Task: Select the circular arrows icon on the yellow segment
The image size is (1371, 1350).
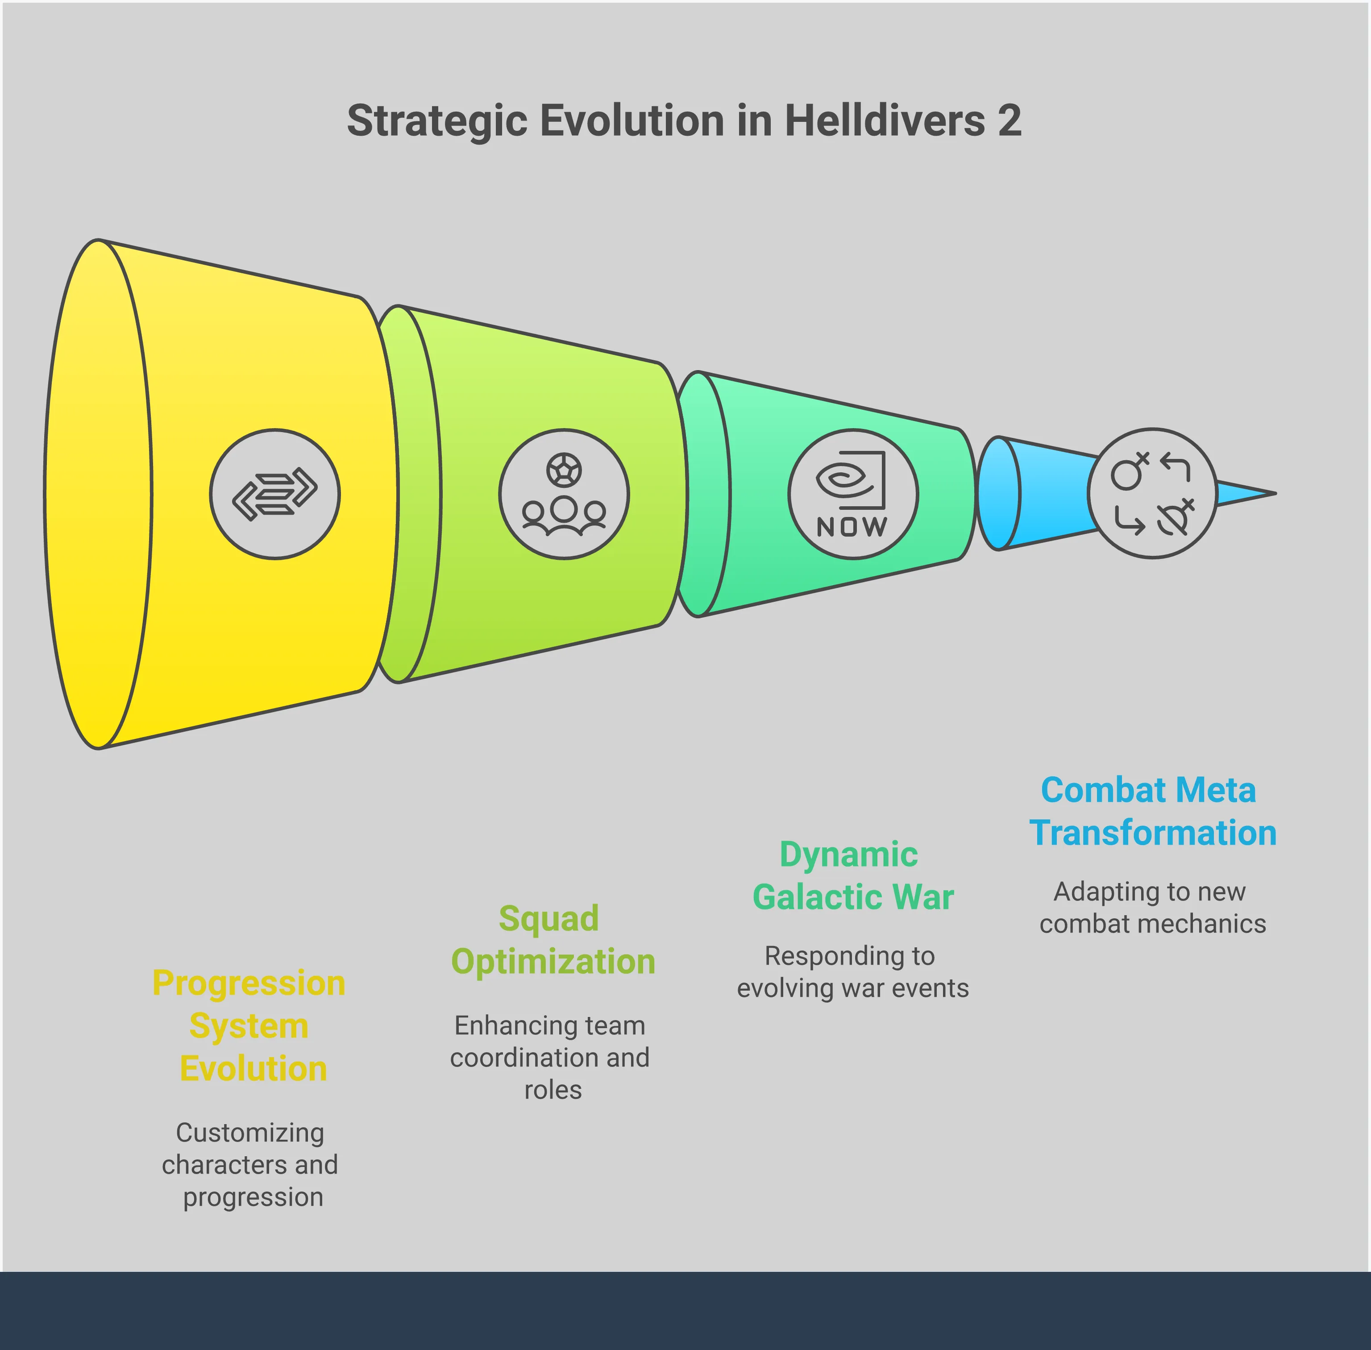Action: tap(275, 494)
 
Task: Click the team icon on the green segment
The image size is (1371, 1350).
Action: tap(564, 494)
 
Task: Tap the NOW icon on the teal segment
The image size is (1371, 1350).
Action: tap(853, 494)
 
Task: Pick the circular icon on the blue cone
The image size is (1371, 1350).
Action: tap(1153, 493)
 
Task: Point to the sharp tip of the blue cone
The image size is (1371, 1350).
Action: tap(1276, 493)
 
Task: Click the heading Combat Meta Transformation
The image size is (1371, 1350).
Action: tap(1153, 811)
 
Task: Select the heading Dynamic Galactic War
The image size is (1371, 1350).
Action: tap(853, 875)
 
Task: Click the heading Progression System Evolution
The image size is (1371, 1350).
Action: tap(249, 1026)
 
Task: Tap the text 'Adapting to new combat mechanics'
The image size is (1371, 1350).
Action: tap(1153, 908)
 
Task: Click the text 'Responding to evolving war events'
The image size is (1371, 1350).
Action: tap(853, 972)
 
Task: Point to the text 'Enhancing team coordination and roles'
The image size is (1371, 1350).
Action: tap(550, 1057)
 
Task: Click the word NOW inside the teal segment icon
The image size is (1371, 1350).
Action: tap(852, 527)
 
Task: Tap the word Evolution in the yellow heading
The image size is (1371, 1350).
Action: tap(253, 1068)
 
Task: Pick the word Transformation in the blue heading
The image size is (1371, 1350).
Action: tap(1153, 833)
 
